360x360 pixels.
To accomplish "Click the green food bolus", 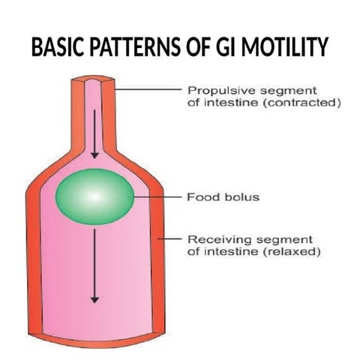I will pyautogui.click(x=94, y=196).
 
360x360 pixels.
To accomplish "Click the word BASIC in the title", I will pyautogui.click(x=58, y=48).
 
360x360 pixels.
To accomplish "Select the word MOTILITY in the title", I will pyautogui.click(x=286, y=48).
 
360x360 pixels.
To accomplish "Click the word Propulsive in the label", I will pyautogui.click(x=211, y=89).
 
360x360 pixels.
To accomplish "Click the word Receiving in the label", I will pyautogui.click(x=212, y=239).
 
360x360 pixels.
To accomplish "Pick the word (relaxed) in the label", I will pyautogui.click(x=295, y=253).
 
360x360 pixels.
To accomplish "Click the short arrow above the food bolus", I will pyautogui.click(x=94, y=135).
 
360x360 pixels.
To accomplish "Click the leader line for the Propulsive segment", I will pyautogui.click(x=147, y=89).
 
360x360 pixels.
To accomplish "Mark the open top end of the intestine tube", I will pyautogui.click(x=94, y=77).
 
